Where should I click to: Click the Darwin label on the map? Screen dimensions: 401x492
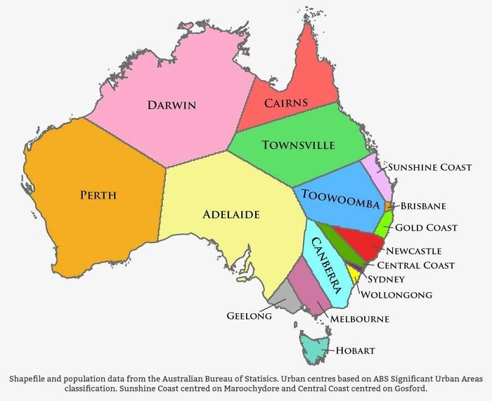click(x=171, y=105)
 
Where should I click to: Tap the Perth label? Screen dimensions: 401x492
click(x=98, y=195)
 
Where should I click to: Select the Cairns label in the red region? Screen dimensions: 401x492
click(x=286, y=103)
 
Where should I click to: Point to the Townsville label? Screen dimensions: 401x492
click(x=298, y=145)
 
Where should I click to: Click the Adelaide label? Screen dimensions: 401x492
click(x=231, y=213)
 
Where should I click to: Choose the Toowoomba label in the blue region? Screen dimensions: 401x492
click(x=340, y=199)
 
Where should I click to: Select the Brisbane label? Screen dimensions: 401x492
click(x=424, y=206)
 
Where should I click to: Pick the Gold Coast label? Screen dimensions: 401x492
click(x=426, y=228)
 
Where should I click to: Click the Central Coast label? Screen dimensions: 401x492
click(x=415, y=265)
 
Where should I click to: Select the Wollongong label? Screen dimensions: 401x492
click(x=396, y=295)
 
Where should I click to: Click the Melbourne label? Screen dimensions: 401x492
click(x=359, y=319)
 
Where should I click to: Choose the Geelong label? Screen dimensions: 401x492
click(x=249, y=316)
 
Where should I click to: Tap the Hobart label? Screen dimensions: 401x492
click(x=355, y=350)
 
